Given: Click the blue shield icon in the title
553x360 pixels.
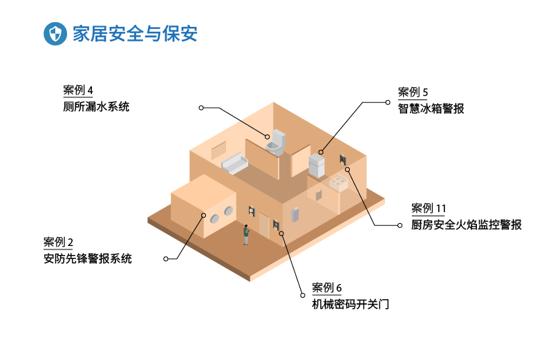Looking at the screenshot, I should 55,34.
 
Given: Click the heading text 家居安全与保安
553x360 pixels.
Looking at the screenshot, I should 135,34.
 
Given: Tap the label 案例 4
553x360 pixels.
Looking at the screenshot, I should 77,91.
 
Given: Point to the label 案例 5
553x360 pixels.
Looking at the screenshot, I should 413,92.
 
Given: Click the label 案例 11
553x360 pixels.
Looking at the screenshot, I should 429,209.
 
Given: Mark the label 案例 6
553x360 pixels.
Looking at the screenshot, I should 327,288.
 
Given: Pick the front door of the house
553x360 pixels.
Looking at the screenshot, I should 264,223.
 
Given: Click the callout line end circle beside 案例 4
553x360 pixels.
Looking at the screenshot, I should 201,107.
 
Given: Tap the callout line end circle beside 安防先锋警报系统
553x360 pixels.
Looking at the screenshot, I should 165,259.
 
